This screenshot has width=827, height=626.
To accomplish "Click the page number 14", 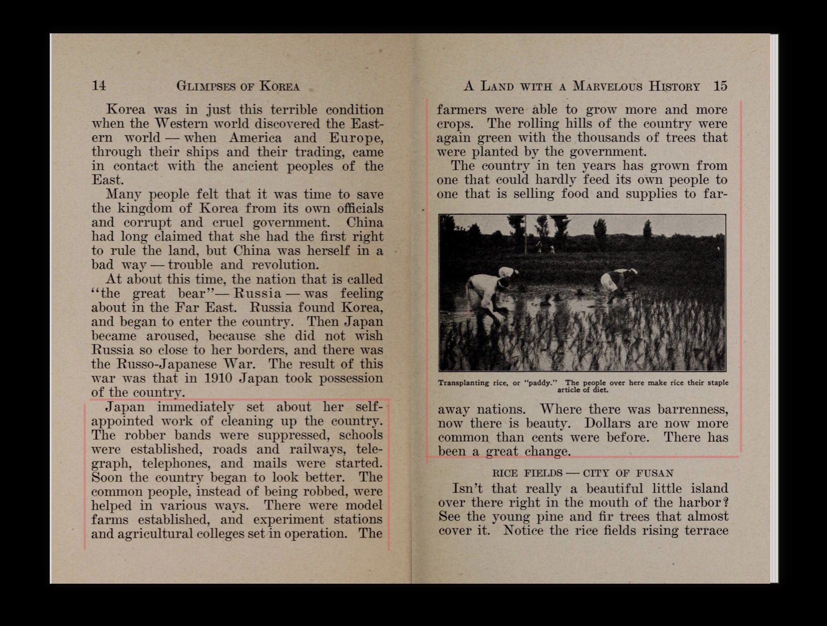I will click(99, 86).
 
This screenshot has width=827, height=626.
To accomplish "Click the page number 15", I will click(720, 86).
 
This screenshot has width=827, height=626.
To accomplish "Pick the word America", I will click(255, 138).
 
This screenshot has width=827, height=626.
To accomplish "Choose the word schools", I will click(361, 435).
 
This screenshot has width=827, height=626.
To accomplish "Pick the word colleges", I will click(219, 534).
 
